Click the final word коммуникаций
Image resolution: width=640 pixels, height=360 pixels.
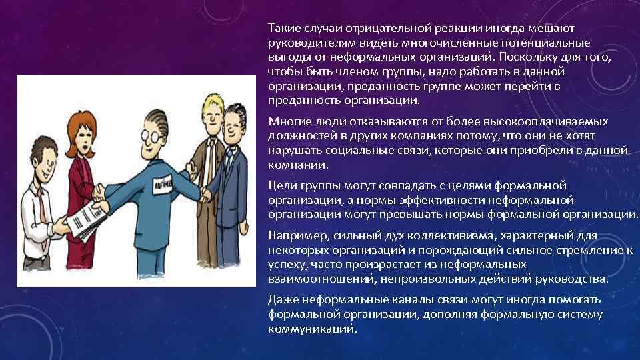click(311, 329)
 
